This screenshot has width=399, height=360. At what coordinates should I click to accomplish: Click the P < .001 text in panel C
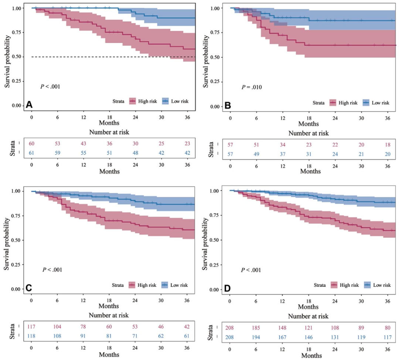coord(52,269)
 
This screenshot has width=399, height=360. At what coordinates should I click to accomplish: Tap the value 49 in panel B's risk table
coord(256,153)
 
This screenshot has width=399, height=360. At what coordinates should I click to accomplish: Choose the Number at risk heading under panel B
coord(308,133)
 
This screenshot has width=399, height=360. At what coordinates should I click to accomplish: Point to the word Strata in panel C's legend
coord(119,285)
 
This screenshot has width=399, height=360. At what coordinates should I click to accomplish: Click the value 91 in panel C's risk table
coord(83,336)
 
